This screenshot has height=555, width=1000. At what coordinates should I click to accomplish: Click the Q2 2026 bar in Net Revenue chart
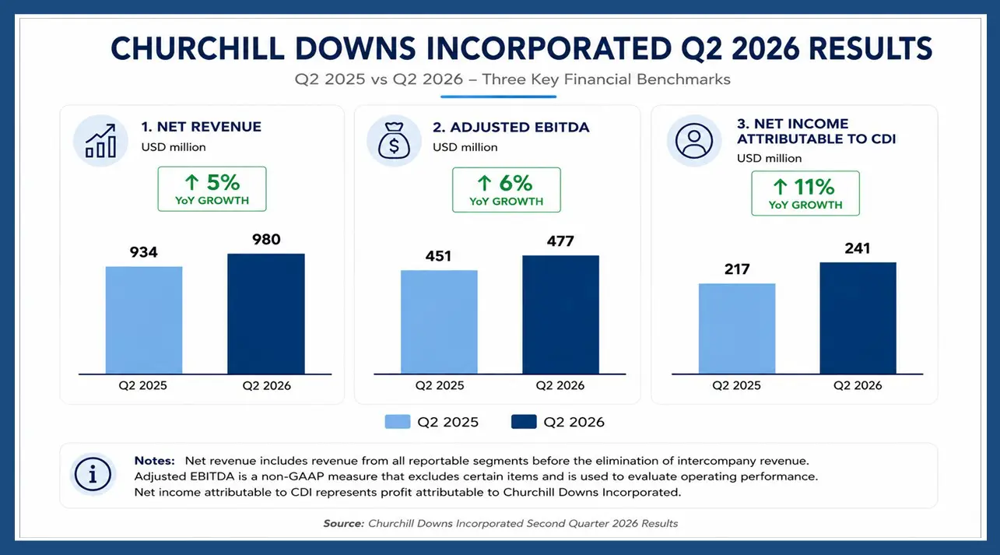(266, 314)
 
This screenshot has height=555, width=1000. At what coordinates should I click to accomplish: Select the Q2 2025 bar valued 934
(144, 320)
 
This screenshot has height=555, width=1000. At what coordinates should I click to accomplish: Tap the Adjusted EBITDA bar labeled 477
(561, 314)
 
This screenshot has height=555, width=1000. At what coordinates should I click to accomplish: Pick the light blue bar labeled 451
(439, 322)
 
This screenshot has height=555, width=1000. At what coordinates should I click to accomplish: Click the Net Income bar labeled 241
(858, 318)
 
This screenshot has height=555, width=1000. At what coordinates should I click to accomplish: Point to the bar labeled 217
(737, 328)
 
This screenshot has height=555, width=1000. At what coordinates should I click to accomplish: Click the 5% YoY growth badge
(212, 189)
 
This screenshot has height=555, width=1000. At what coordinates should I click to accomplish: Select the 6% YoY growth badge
(507, 190)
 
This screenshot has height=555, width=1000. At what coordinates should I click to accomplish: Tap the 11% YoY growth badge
(805, 193)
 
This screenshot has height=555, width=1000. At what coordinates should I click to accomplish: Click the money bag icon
(394, 141)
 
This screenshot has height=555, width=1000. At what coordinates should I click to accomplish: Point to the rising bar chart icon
(101, 141)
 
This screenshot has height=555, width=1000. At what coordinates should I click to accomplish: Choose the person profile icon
(694, 141)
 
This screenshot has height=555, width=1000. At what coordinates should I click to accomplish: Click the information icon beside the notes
(93, 474)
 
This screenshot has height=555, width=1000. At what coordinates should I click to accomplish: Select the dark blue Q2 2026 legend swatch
(524, 422)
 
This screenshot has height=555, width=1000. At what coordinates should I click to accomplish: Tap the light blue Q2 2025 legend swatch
(398, 422)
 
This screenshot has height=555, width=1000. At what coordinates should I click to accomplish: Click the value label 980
(266, 240)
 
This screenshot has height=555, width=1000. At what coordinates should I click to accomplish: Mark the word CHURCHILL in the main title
(198, 49)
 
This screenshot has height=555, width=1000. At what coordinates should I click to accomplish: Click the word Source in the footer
(344, 523)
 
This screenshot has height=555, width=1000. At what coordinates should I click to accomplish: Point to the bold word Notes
(154, 461)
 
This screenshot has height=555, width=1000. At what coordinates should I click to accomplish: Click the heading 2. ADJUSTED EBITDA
(511, 127)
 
